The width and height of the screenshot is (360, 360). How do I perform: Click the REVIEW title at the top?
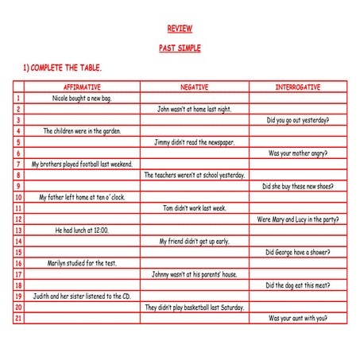click(x=180, y=29)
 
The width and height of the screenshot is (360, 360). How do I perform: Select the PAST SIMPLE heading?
click(x=180, y=48)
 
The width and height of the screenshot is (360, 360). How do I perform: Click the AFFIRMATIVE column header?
click(x=81, y=87)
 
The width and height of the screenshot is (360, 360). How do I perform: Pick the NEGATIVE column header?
click(x=194, y=87)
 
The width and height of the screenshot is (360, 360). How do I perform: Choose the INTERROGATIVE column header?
click(x=298, y=87)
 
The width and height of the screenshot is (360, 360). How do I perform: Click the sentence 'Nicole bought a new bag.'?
click(x=82, y=98)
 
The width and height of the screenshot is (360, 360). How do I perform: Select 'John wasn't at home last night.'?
click(x=194, y=109)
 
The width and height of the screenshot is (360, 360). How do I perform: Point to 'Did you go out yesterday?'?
click(x=298, y=120)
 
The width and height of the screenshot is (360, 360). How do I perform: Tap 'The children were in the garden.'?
click(x=82, y=131)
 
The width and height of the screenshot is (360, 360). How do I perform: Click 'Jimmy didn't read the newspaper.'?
click(x=194, y=142)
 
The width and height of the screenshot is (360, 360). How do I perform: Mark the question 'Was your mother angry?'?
click(x=298, y=153)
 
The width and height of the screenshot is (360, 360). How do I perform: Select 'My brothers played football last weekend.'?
click(x=82, y=165)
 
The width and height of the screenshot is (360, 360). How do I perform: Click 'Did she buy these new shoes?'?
click(x=298, y=187)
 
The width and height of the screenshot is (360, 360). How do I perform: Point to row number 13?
click(x=17, y=230)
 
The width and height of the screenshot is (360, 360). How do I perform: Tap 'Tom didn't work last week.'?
click(x=194, y=208)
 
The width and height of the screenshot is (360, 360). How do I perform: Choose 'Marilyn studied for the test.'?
click(x=82, y=263)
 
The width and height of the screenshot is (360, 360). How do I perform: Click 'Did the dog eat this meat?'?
click(x=298, y=285)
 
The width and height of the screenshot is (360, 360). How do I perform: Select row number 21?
click(x=17, y=318)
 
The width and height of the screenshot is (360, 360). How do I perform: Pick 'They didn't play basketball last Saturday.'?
click(x=194, y=307)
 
